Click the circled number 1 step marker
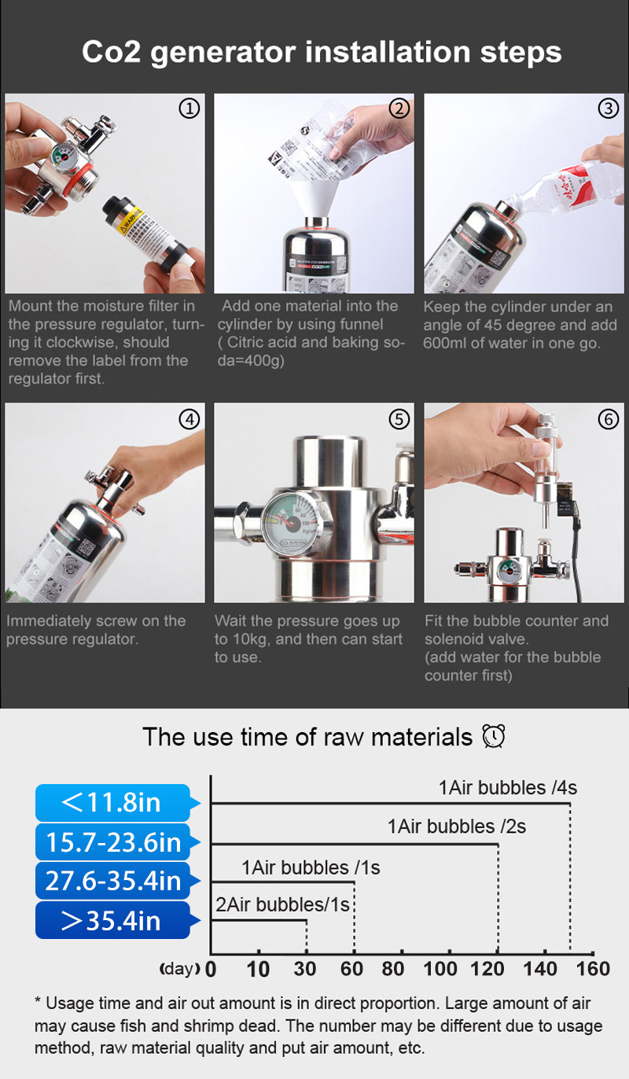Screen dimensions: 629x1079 coord(189,109)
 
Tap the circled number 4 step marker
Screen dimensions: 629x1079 coord(189,419)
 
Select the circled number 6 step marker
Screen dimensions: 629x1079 coord(609,419)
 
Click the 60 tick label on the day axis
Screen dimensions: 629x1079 coord(351,969)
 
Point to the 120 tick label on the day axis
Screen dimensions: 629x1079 coord(487,969)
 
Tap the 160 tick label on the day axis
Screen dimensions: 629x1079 coord(593,969)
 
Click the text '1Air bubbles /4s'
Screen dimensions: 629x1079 coord(508,788)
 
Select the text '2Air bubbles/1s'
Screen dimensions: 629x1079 coord(282,904)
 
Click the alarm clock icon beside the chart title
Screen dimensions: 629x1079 coord(494,737)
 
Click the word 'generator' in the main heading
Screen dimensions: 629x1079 coord(223,53)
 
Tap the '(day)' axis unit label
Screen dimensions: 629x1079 coord(179,968)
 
